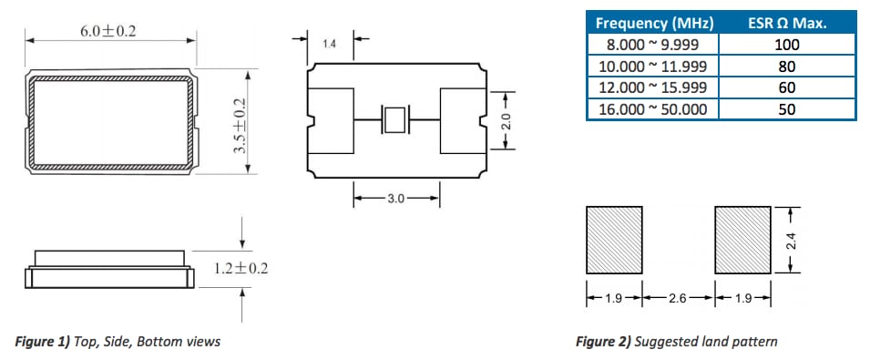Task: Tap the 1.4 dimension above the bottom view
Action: pyautogui.click(x=330, y=43)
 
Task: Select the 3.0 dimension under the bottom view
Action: pyautogui.click(x=395, y=198)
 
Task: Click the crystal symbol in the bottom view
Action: pyautogui.click(x=395, y=120)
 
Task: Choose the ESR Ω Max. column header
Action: pyautogui.click(x=788, y=23)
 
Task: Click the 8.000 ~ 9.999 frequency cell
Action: pyautogui.click(x=651, y=45)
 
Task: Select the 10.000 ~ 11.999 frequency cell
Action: pyautogui.click(x=651, y=66)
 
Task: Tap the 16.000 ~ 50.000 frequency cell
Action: pyautogui.click(x=651, y=109)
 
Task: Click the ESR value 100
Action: pyautogui.click(x=788, y=45)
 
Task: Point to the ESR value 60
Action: pyautogui.click(x=788, y=87)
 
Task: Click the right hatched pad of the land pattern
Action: pyautogui.click(x=742, y=238)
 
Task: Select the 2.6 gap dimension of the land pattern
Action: pyautogui.click(x=679, y=297)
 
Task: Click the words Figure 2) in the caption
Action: pyautogui.click(x=602, y=342)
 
